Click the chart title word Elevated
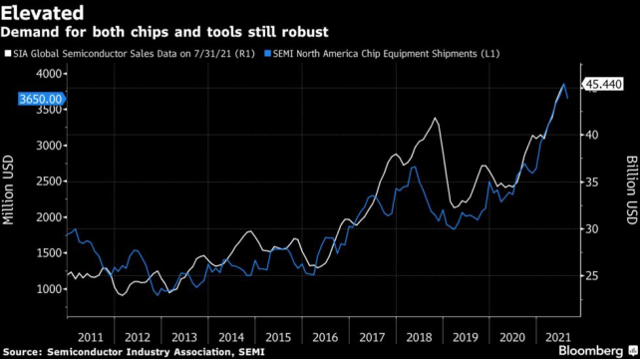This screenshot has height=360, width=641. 43,13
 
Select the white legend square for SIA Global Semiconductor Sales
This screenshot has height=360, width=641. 8,53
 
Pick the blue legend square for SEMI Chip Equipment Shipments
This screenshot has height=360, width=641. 268,53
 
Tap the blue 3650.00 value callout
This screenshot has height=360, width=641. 42,99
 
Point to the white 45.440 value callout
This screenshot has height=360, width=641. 602,85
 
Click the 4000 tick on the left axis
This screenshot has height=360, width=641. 48,74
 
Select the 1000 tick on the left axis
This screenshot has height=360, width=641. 48,289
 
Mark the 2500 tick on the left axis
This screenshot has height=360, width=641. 48,181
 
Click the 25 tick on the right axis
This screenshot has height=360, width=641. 591,276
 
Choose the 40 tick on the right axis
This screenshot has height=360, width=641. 591,135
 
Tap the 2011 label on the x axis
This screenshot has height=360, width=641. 91,337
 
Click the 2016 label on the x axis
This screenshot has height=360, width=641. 325,337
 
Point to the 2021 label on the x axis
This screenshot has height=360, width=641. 558,337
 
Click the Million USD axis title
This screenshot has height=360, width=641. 8,190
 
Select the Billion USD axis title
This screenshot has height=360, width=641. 632,190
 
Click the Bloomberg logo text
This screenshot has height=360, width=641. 591,351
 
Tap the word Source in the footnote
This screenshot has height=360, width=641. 21,352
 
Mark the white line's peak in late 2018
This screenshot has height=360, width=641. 435,118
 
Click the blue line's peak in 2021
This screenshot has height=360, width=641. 564,84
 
